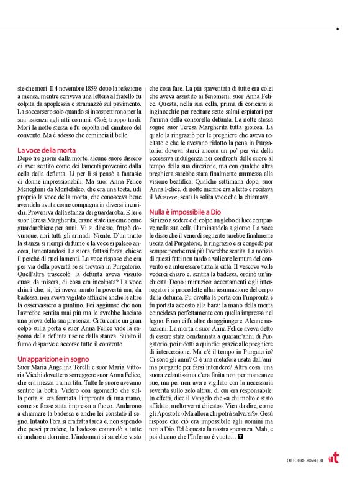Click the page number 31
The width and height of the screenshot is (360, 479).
[321, 460]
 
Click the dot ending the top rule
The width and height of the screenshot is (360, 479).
[338, 29]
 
